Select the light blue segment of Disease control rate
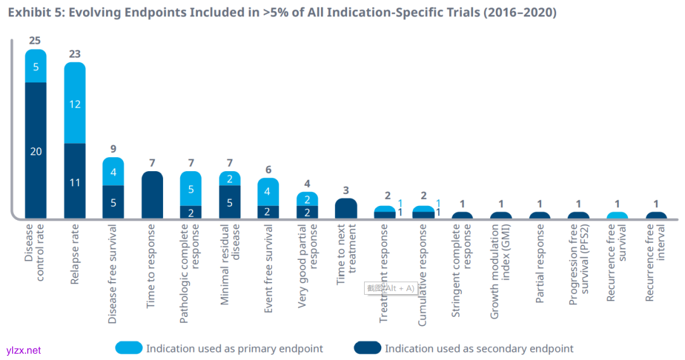pyautogui.click(x=36, y=66)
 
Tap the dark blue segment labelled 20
pyautogui.click(x=36, y=150)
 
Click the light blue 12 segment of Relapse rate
pyautogui.click(x=75, y=103)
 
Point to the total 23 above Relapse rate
pyautogui.click(x=75, y=54)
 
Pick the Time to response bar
pyautogui.click(x=152, y=195)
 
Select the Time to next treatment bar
pyautogui.click(x=346, y=209)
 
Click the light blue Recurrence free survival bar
pyautogui.click(x=617, y=215)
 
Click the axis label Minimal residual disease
pyautogui.click(x=230, y=265)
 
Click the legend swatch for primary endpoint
pyautogui.click(x=129, y=348)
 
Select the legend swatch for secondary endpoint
pyautogui.click(x=368, y=348)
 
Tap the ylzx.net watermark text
pyautogui.click(x=23, y=350)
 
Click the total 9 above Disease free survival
pyautogui.click(x=113, y=150)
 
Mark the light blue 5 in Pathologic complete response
pyautogui.click(x=190, y=189)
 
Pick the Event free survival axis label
pyautogui.click(x=268, y=269)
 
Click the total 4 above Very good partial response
pyautogui.click(x=307, y=184)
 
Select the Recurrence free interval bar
pyautogui.click(x=656, y=215)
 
